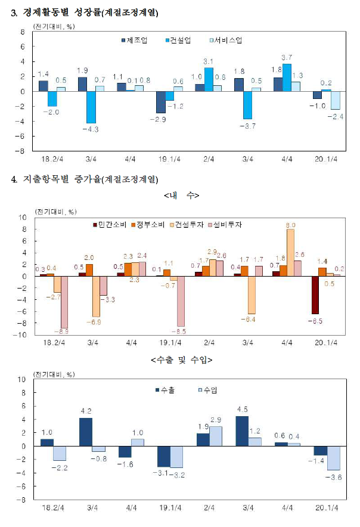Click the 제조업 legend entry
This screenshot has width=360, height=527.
pos(135,41)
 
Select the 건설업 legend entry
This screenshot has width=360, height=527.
pos(178,41)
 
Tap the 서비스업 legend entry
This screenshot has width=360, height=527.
pos(226,41)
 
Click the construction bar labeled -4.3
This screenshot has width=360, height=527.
pos(91,107)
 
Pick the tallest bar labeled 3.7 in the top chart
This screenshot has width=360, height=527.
pos(287,77)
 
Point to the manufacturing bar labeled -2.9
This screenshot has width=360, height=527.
pos(161,102)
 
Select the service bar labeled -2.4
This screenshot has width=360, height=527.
pos(335,100)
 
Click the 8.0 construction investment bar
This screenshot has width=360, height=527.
pos(290,253)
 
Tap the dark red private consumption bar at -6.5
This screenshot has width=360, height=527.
pos(315,295)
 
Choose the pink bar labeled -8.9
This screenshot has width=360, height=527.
pos(64,302)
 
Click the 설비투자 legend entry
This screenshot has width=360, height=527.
pos(225,225)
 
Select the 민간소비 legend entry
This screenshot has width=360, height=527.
pos(110,225)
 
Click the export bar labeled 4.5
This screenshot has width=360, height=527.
pos(242,431)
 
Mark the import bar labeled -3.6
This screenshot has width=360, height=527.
pos(333,458)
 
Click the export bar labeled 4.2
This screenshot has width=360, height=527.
pos(86,432)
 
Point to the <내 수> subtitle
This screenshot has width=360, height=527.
pos(182,196)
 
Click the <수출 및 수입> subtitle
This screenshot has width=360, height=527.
pos(182,360)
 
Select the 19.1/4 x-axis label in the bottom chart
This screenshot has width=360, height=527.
pos(170,507)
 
